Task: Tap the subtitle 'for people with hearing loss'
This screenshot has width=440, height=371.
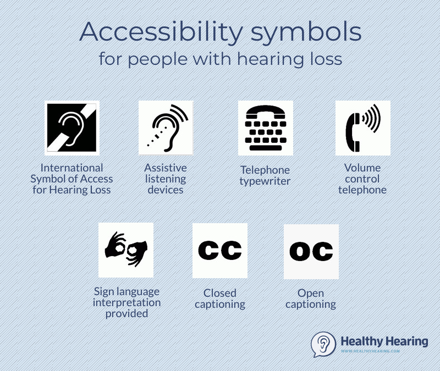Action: (220, 59)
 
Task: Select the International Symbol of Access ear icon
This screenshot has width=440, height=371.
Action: (71, 128)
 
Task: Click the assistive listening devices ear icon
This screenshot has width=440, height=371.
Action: (166, 128)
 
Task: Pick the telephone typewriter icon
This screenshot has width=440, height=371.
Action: (265, 128)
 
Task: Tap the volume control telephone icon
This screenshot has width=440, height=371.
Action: (362, 128)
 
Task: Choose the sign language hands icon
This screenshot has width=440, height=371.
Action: (126, 250)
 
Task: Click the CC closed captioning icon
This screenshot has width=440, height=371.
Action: (219, 250)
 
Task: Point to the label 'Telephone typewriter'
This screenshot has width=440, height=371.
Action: (265, 176)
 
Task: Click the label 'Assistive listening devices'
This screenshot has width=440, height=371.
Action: (166, 179)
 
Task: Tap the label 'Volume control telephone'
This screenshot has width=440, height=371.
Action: (362, 179)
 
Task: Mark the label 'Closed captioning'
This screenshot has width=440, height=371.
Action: (219, 299)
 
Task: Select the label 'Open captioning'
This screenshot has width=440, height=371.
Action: (311, 299)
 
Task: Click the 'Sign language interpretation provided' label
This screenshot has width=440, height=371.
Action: (127, 303)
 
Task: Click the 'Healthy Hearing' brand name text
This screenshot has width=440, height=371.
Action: (384, 341)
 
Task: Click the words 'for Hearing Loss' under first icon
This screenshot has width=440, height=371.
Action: (71, 190)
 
